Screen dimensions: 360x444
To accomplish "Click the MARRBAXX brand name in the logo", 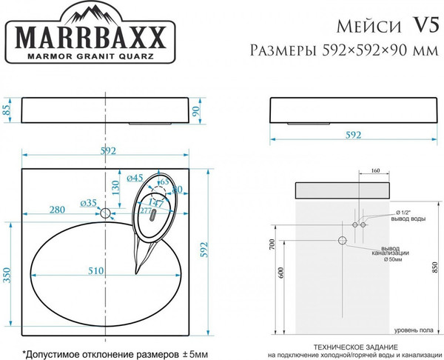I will pos(92,38).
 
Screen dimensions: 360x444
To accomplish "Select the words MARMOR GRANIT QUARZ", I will pos(92,56).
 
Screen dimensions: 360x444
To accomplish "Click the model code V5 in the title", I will pos(421,27).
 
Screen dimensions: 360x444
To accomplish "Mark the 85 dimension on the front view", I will pos(7,111).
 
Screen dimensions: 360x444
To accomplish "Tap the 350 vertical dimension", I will pos(8,275).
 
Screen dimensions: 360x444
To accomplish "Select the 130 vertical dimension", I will pos(115,188).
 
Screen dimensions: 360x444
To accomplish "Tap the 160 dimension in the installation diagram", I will pos(375,171).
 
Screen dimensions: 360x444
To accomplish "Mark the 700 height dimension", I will pos(272,244).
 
